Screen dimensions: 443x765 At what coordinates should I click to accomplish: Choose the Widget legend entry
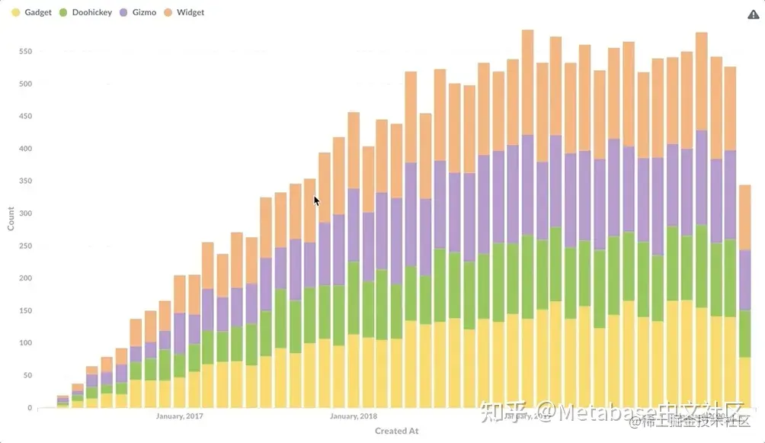[190, 13]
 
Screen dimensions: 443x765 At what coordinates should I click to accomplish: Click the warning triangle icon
[754, 14]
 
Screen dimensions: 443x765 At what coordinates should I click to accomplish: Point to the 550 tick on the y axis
[26, 52]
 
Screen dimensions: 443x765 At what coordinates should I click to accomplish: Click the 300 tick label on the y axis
[26, 213]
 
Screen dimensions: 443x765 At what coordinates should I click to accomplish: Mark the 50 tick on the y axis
[28, 375]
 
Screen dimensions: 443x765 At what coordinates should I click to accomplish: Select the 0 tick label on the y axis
[30, 408]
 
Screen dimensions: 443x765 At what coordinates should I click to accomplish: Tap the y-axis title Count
[11, 220]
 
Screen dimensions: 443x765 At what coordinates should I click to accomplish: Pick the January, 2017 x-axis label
[180, 416]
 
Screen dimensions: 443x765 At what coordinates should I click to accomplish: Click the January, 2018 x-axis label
[354, 416]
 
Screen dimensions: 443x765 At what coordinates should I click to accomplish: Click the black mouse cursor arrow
[316, 201]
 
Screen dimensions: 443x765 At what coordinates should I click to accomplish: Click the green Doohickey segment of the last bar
[744, 333]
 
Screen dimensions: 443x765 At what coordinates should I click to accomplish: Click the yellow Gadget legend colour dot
[15, 13]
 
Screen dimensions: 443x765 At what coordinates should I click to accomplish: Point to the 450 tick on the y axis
[26, 117]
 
